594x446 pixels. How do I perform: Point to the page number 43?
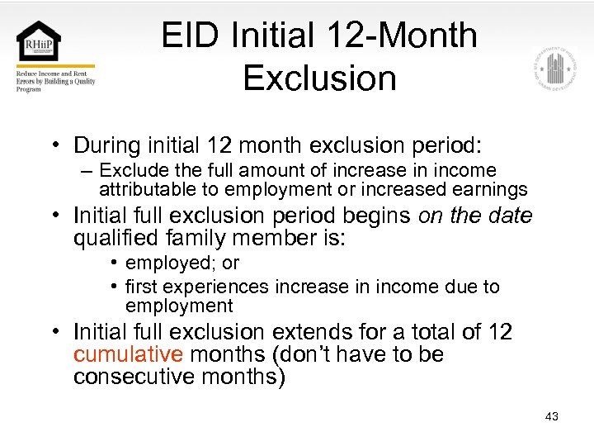point(551,416)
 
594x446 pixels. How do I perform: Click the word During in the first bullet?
point(106,145)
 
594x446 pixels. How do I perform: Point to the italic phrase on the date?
point(476,216)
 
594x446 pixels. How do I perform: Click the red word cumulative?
point(126,354)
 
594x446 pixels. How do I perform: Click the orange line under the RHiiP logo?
point(55,66)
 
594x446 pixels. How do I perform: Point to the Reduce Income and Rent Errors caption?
point(55,80)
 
